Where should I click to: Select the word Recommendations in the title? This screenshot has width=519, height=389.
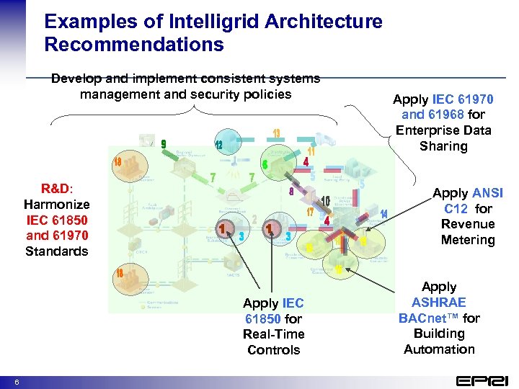tap(134, 45)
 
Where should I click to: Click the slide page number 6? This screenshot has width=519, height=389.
tap(17, 380)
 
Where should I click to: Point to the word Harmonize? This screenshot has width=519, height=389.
tap(56, 205)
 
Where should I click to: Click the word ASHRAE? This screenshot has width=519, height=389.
tap(439, 302)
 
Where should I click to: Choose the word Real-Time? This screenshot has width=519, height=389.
tap(273, 334)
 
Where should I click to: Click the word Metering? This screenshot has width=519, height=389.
tap(468, 240)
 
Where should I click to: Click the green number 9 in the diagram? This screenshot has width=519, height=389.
tap(164, 145)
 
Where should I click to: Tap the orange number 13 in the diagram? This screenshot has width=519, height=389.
tap(276, 133)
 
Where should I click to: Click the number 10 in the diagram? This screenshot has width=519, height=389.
tap(325, 200)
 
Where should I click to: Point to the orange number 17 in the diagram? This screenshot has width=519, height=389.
tap(309, 213)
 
